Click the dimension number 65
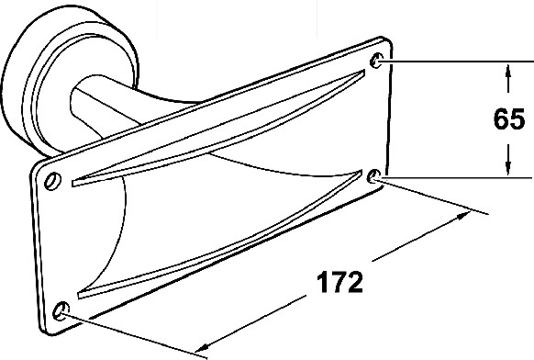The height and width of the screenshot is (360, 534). coord(509,119)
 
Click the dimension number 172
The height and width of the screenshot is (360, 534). coord(339,282)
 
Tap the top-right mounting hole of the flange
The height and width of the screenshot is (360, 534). coord(376,61)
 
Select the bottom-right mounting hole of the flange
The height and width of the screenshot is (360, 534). coord(374,175)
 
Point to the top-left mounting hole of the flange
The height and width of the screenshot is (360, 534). coord(53,180)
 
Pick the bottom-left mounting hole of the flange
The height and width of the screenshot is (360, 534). coord(61,310)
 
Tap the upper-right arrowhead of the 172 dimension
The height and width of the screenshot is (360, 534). coord(464,216)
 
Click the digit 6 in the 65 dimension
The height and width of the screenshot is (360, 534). coord(501,119)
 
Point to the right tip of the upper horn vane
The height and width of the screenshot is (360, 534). coord(363,72)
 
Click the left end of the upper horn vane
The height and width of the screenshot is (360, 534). coord(72,183)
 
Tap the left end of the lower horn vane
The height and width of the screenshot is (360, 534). coord(80,295)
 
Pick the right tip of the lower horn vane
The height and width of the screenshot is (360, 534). coord(361,172)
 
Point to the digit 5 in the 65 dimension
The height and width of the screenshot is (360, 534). coord(517,119)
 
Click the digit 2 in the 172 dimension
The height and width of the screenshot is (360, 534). coord(355,282)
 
